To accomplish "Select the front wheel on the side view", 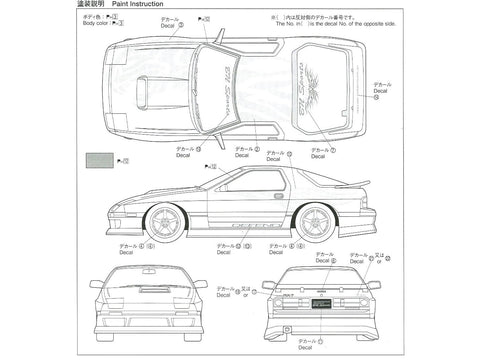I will (x=166, y=222).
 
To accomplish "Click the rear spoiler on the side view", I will (x=352, y=184).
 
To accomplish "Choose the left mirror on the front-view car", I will (x=95, y=284).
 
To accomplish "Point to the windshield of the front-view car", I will (x=148, y=281).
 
